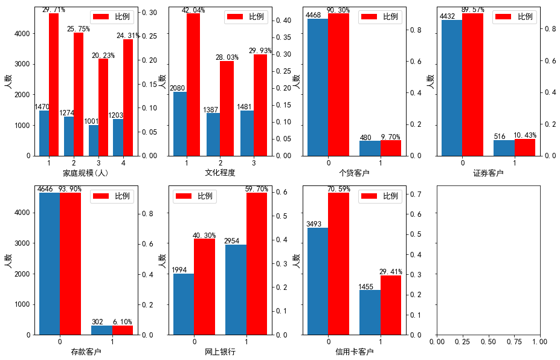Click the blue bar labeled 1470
click(44, 133)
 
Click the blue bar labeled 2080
click(180, 123)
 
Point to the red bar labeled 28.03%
click(227, 108)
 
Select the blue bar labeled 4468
click(318, 87)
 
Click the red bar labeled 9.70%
click(390, 148)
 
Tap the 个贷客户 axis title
click(354, 173)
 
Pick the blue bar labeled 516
click(504, 148)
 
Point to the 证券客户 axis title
click(488, 173)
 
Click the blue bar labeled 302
click(101, 330)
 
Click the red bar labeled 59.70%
click(257, 263)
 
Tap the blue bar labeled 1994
click(184, 304)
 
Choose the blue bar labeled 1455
click(370, 312)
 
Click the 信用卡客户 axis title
click(354, 352)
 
